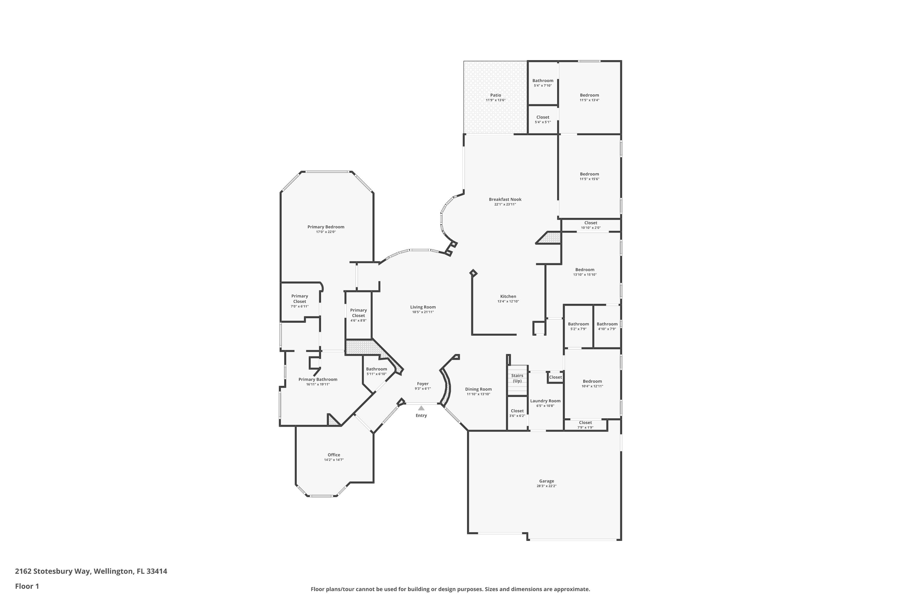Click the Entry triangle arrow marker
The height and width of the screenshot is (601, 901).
point(421,408)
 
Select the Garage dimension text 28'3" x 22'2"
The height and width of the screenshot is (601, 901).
point(546,486)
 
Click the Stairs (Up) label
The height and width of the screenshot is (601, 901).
point(517,378)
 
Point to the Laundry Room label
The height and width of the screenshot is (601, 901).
point(545,401)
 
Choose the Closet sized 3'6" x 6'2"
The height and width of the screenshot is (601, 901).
point(517,413)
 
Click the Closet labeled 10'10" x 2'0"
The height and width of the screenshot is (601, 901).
point(590,225)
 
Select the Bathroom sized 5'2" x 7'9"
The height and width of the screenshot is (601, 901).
point(578,326)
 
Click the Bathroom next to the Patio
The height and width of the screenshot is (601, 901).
point(542,83)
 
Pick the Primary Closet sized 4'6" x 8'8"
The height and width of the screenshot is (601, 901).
point(358,315)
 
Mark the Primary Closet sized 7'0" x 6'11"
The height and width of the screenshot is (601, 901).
point(299,301)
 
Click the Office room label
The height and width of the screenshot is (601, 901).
point(334,455)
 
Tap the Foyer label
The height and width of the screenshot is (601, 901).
point(423,384)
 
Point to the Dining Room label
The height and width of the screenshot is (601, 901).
point(478,389)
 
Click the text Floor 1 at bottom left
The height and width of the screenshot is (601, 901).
point(27,586)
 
